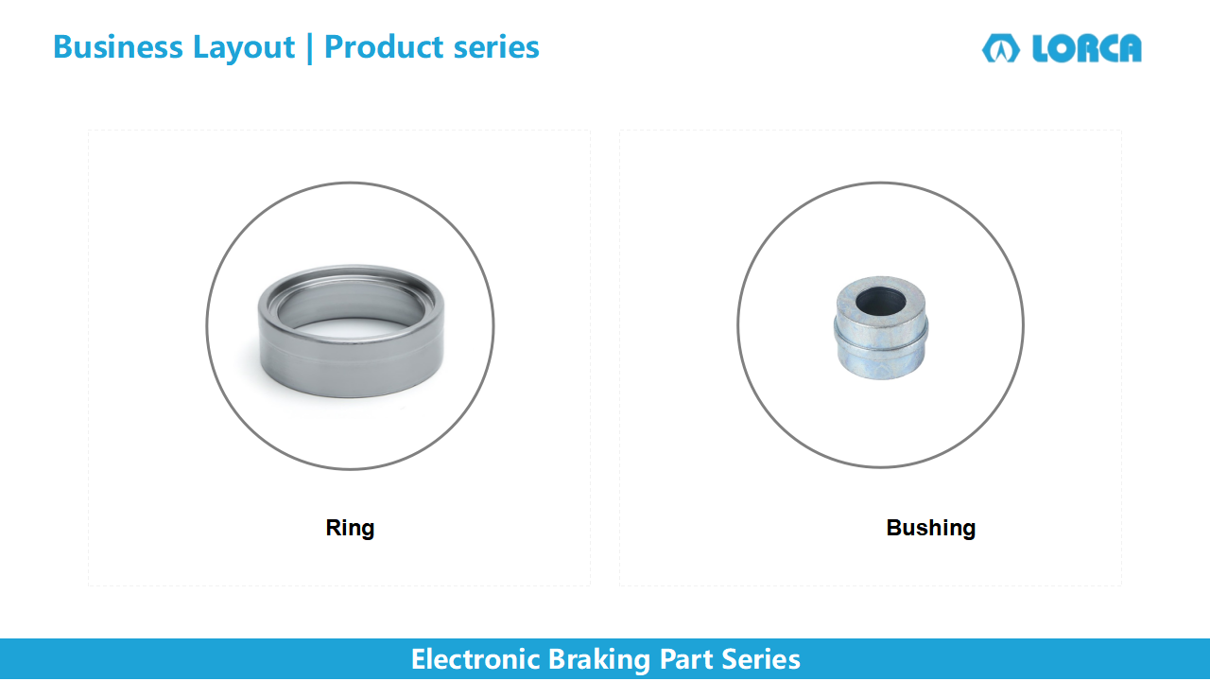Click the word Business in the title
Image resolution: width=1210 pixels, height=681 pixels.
tap(118, 46)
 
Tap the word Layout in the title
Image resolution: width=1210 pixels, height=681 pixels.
tap(244, 48)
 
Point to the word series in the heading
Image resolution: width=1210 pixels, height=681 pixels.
tap(496, 47)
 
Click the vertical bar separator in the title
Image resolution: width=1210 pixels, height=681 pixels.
tap(309, 48)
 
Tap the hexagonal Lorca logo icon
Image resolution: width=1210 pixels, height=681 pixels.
tap(1001, 48)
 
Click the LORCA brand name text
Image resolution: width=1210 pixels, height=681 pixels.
tap(1087, 48)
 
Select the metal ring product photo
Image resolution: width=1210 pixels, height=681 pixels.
tap(351, 331)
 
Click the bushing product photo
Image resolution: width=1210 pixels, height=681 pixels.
tap(880, 327)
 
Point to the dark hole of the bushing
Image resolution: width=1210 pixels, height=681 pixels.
tap(880, 301)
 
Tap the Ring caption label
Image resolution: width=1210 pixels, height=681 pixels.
tap(350, 528)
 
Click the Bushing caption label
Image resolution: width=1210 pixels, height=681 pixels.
tap(931, 528)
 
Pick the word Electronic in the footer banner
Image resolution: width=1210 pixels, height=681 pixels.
tap(475, 659)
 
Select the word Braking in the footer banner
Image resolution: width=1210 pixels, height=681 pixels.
tap(599, 660)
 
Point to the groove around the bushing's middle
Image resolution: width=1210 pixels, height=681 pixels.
tap(880, 340)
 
